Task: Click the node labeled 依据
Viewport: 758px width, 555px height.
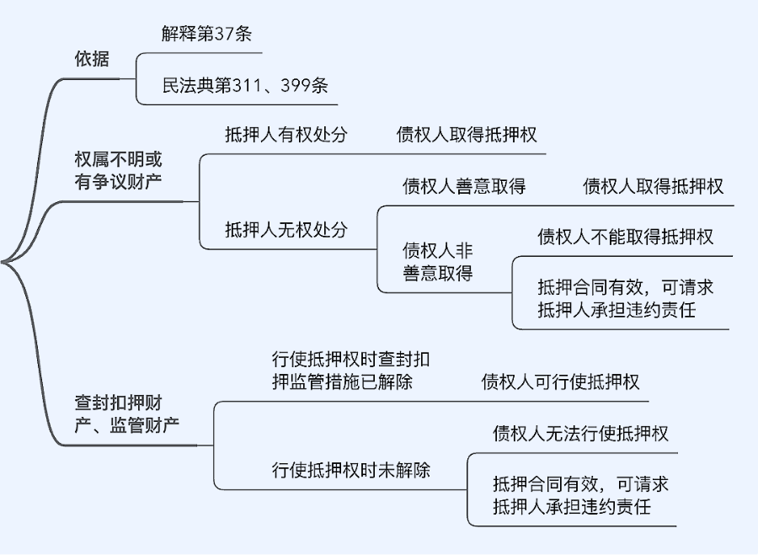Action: coord(92,60)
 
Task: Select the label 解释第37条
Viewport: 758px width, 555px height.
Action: coord(207,35)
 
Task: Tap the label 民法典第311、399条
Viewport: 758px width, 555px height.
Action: coord(245,85)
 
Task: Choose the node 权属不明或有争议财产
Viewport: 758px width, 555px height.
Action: coord(119,170)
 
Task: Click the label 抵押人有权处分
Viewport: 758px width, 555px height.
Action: coord(286,135)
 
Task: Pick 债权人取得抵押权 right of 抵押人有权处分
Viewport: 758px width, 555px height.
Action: coord(467,135)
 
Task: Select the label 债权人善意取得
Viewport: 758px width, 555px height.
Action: coord(464,186)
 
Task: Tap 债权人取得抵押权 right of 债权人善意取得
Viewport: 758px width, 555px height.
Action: coord(653,186)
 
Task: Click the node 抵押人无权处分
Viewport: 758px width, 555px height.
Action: coord(286,229)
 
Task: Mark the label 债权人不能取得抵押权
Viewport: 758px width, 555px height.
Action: coord(625,237)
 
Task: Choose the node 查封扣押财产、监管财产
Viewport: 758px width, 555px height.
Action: coord(126,413)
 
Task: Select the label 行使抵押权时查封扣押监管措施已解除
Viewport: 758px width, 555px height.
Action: coord(353,371)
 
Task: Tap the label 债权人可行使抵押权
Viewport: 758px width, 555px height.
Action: coord(560,382)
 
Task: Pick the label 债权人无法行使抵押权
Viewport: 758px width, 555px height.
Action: coord(580,434)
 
